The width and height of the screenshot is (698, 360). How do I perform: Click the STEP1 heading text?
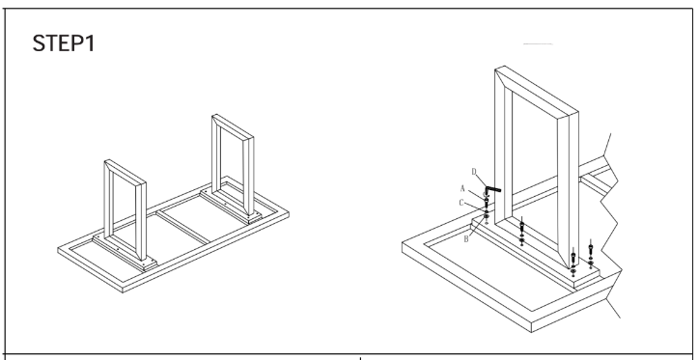[64, 43]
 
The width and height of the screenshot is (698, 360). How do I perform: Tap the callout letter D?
[474, 172]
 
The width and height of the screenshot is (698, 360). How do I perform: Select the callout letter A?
[462, 188]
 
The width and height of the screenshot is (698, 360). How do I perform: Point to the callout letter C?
[461, 203]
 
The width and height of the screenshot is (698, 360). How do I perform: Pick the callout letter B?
[466, 239]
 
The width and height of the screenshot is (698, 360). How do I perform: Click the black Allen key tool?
[493, 189]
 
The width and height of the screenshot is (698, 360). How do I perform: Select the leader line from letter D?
[482, 180]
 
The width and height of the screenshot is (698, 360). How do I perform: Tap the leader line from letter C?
[475, 207]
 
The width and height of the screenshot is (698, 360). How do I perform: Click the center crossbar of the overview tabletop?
[183, 227]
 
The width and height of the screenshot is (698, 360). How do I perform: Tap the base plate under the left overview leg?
[125, 253]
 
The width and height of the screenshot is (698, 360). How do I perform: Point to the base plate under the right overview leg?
[231, 207]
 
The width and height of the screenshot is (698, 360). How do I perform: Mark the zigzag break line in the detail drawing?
[610, 223]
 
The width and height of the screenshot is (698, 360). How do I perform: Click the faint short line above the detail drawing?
[538, 44]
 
